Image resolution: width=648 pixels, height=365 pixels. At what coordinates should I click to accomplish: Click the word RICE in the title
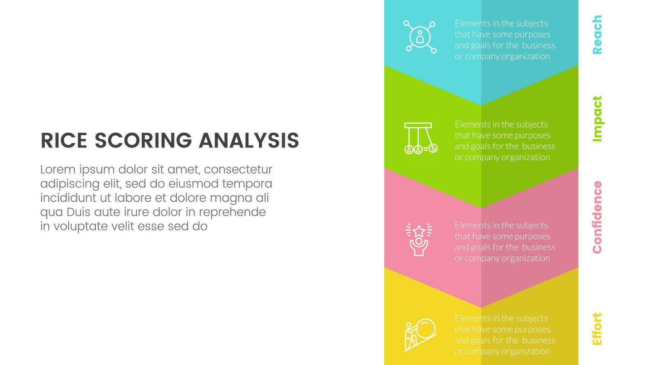pyautogui.click(x=64, y=140)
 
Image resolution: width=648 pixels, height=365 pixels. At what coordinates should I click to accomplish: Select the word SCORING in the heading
pyautogui.click(x=143, y=140)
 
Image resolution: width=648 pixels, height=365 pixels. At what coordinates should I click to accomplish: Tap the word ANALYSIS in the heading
pyautogui.click(x=249, y=140)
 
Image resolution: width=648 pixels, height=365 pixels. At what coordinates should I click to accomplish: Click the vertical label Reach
pyautogui.click(x=597, y=35)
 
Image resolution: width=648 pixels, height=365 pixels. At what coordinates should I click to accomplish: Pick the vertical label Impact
pyautogui.click(x=597, y=119)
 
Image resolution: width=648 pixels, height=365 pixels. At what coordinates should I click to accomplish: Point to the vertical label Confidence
pyautogui.click(x=597, y=217)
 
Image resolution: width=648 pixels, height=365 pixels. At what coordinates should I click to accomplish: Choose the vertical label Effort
pyautogui.click(x=597, y=329)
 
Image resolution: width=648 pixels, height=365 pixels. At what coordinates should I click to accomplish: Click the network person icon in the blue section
pyautogui.click(x=420, y=37)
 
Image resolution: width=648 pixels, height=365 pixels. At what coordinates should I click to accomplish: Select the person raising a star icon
pyautogui.click(x=419, y=239)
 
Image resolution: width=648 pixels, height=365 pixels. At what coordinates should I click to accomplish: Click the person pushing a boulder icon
pyautogui.click(x=420, y=335)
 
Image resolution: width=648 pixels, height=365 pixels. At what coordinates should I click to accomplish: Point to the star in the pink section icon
pyautogui.click(x=419, y=231)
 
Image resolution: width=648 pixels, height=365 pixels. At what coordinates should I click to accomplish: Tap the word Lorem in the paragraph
pyautogui.click(x=58, y=169)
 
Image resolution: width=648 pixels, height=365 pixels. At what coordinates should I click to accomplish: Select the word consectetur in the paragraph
pyautogui.click(x=238, y=170)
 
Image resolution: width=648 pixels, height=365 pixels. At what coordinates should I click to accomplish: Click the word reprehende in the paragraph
pyautogui.click(x=232, y=213)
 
